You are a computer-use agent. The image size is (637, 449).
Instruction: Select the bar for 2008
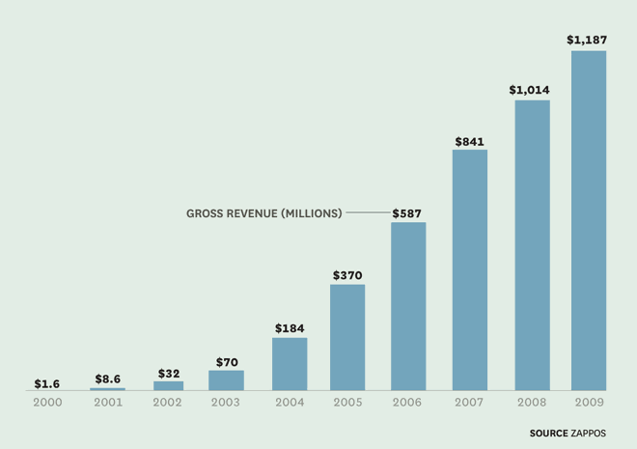click(532, 245)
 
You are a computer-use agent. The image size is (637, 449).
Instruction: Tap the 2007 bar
click(470, 269)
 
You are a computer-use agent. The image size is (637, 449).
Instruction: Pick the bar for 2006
click(408, 306)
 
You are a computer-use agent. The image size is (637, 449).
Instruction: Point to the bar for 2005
click(347, 337)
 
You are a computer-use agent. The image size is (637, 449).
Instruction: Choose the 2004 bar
click(290, 364)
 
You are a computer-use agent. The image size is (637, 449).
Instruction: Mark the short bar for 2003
click(226, 380)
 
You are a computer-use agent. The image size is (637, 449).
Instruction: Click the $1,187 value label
click(588, 41)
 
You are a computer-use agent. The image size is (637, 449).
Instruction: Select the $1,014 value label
click(530, 90)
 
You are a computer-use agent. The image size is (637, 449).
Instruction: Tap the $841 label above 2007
click(470, 141)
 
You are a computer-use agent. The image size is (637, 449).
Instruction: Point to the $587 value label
click(407, 212)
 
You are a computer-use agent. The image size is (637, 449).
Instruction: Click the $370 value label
click(347, 275)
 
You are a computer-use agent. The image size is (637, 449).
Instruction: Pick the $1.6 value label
click(47, 383)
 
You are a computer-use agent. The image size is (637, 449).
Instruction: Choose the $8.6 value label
click(107, 379)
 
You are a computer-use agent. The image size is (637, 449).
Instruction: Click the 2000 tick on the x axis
click(47, 402)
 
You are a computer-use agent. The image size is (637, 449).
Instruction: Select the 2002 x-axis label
click(168, 402)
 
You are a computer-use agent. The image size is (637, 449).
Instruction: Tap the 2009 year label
click(589, 402)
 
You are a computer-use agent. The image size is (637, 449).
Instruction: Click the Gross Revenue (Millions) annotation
click(263, 213)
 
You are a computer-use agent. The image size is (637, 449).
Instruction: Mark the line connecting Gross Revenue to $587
click(368, 212)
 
